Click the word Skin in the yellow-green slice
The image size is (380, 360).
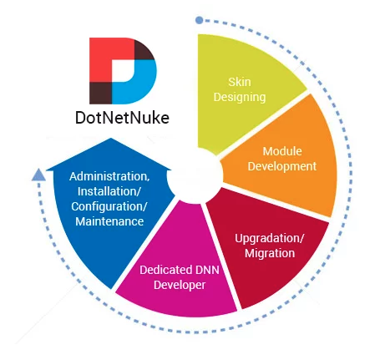tap(240, 82)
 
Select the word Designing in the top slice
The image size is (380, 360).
tap(240, 98)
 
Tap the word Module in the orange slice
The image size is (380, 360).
tap(282, 151)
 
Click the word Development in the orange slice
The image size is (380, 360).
tap(282, 166)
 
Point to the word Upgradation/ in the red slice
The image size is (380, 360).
tap(269, 239)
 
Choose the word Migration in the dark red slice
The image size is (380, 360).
tap(270, 253)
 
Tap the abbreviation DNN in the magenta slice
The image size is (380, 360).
tap(207, 270)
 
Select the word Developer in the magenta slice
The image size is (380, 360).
tap(180, 285)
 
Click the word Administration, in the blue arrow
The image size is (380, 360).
tap(109, 176)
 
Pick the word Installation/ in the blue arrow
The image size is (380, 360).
tap(109, 191)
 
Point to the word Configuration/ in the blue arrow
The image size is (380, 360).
tap(109, 206)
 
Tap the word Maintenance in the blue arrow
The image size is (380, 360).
tap(109, 221)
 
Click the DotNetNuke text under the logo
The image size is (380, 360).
tap(122, 118)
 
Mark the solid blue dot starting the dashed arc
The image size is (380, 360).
tap(199, 20)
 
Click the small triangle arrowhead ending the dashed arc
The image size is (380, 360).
tap(38, 175)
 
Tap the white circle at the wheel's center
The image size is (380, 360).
tap(195, 176)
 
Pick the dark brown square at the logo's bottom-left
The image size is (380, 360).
tap(100, 94)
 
